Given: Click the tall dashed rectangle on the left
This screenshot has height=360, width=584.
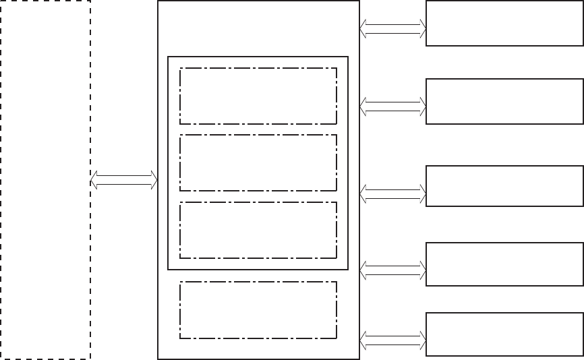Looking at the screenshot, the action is click(x=45, y=180).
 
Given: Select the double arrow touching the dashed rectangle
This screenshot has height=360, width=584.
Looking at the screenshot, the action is click(x=124, y=180).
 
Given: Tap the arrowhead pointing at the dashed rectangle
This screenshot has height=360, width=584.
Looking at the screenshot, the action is click(x=95, y=180).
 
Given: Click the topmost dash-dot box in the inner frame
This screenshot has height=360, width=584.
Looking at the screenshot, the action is click(x=258, y=96).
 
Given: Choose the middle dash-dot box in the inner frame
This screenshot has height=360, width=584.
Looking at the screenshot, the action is click(x=258, y=163).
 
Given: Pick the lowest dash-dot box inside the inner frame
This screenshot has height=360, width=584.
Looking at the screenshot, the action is click(x=258, y=230).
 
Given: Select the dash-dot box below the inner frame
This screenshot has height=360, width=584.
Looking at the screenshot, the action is click(x=258, y=310).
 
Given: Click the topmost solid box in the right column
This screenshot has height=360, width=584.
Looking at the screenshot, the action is click(x=504, y=24).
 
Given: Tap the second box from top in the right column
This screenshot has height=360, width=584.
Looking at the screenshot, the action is click(x=504, y=101).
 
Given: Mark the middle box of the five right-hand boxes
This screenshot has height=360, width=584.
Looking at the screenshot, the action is click(x=504, y=186).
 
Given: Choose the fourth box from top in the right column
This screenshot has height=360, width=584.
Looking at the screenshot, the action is click(x=504, y=264).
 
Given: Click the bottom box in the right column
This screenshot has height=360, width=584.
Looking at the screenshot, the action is click(x=504, y=334).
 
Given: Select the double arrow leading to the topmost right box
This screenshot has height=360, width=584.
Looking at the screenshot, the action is click(x=393, y=28).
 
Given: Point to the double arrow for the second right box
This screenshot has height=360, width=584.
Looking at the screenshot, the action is click(x=393, y=106).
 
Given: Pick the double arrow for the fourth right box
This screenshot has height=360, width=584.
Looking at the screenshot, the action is click(x=393, y=271).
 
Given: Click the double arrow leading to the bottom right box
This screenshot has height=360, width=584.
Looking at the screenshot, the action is click(x=393, y=339).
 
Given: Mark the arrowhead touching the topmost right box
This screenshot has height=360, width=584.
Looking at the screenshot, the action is click(x=422, y=28).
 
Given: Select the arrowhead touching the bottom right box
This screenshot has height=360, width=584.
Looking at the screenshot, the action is click(x=422, y=339).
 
